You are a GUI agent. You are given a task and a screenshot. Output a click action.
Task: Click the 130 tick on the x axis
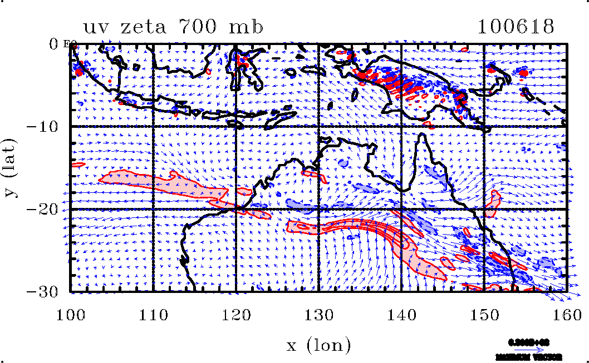[318, 315]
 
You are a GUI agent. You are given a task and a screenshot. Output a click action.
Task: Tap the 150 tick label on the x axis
[483, 315]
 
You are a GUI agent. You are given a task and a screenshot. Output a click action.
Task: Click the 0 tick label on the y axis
[54, 43]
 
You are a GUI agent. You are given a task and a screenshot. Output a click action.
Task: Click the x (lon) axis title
[318, 345]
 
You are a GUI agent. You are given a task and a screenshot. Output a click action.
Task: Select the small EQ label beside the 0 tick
[70, 43]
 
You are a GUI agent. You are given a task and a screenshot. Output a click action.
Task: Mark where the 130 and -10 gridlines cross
[318, 126]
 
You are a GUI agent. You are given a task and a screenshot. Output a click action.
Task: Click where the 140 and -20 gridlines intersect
[401, 209]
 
